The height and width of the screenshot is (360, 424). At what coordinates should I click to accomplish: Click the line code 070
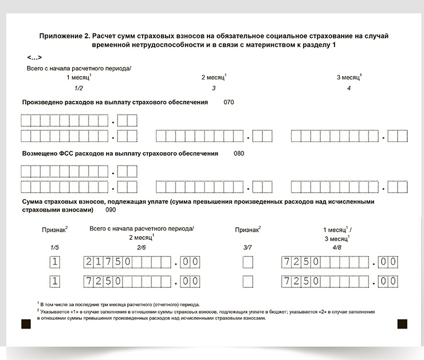(x=229, y=102)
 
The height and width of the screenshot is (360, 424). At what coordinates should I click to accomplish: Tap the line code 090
(x=111, y=209)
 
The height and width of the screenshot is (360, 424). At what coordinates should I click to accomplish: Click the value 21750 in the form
(x=109, y=263)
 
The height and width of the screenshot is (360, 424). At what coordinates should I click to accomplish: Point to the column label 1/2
(x=78, y=88)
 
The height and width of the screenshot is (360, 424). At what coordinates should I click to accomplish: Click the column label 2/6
(x=142, y=247)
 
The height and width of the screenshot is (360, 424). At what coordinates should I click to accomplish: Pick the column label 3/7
(x=248, y=247)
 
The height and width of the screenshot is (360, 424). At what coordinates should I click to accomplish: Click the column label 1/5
(x=54, y=247)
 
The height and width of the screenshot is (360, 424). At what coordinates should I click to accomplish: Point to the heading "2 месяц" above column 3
(x=214, y=77)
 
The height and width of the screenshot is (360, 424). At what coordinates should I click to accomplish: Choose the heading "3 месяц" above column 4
(x=349, y=77)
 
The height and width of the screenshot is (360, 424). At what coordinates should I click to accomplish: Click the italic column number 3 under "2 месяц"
(x=214, y=88)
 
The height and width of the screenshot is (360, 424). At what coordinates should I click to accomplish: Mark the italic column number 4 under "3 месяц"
(x=349, y=88)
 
